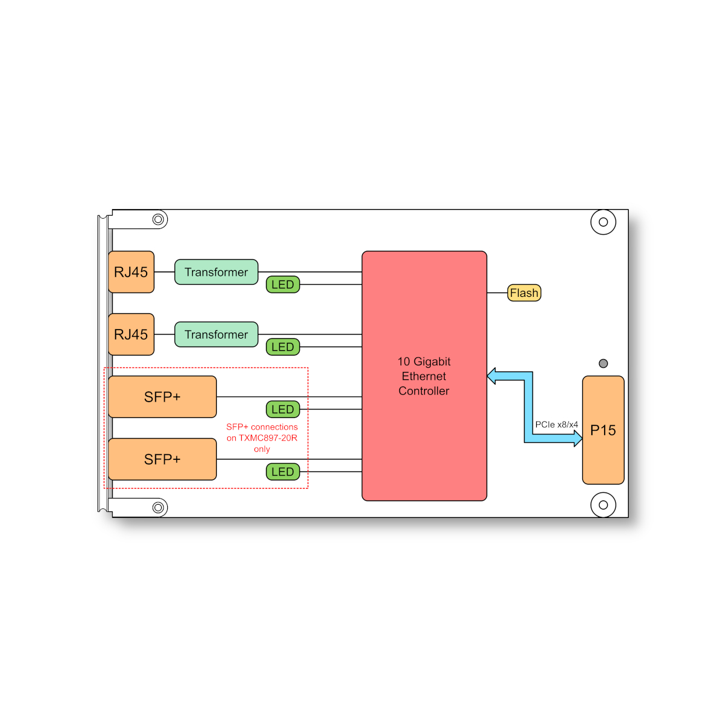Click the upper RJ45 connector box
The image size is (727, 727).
(131, 271)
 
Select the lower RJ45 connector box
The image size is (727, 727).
(131, 334)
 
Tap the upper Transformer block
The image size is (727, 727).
(216, 271)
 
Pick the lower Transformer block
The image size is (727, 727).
(216, 334)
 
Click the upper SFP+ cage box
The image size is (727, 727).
(162, 396)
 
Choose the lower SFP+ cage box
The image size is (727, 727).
(162, 459)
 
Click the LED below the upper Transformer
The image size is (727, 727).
(283, 285)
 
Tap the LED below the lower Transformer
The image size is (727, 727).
(283, 347)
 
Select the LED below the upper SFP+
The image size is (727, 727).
(283, 410)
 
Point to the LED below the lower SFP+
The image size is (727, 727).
(283, 471)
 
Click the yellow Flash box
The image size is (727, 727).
(524, 293)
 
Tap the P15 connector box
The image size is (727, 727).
(603, 430)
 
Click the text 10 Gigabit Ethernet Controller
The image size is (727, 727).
(424, 376)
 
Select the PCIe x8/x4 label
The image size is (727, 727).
(557, 425)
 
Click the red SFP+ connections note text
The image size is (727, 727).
(262, 437)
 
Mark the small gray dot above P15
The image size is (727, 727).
(603, 363)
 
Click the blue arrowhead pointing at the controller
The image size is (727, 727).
(491, 376)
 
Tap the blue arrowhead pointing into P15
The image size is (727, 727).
(578, 439)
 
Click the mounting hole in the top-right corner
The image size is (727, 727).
(603, 222)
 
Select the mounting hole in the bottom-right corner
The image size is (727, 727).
(603, 505)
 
